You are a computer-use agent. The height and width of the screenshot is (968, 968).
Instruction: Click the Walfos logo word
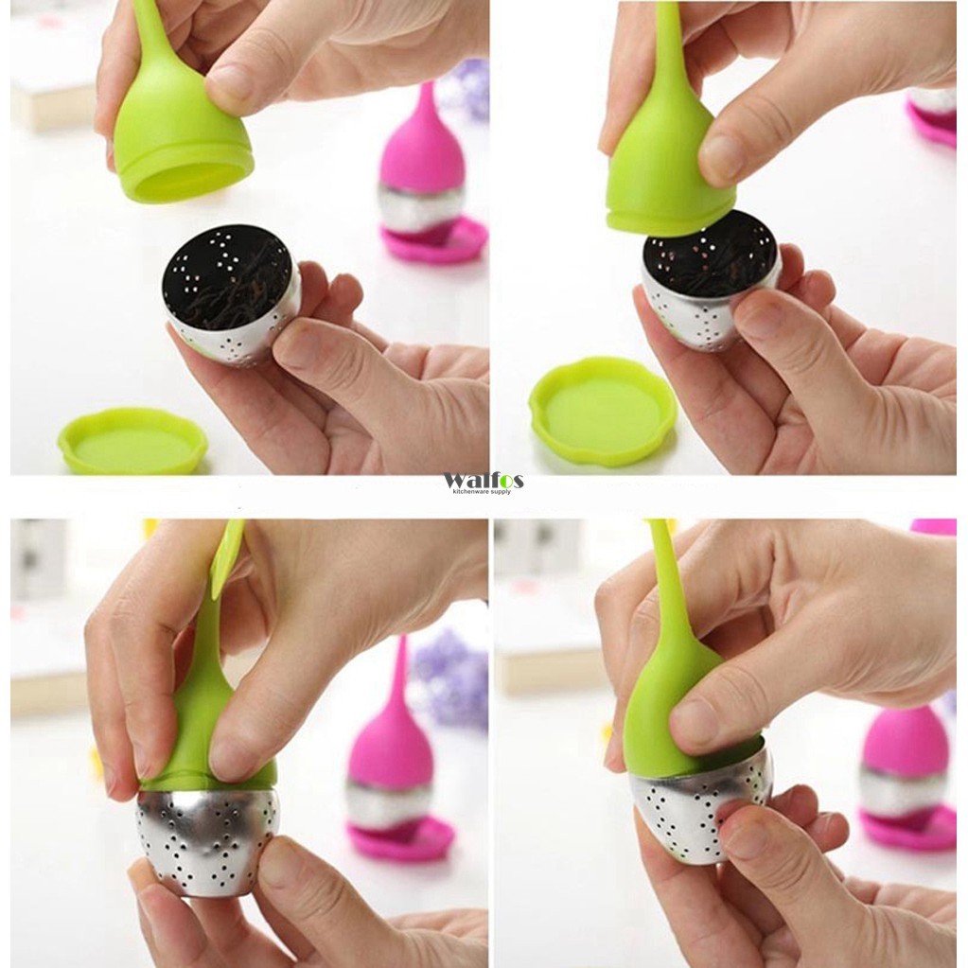tap(483, 480)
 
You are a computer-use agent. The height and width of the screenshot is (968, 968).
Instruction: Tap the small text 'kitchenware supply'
tap(484, 492)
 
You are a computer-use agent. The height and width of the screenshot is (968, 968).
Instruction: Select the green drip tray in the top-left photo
tap(132, 441)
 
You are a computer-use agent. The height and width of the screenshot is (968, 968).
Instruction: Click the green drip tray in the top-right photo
tap(603, 410)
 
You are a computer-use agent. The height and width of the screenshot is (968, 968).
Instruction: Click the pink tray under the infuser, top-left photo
tap(434, 240)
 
